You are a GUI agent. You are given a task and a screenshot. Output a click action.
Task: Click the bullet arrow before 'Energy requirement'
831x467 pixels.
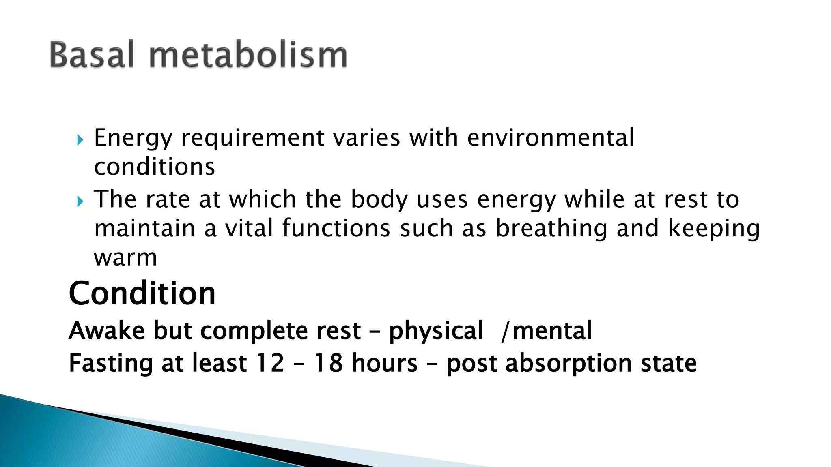[80, 140]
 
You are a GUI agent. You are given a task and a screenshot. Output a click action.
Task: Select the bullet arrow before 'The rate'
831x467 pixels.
[80, 201]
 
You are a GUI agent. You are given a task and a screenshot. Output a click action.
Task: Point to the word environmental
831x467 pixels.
[550, 137]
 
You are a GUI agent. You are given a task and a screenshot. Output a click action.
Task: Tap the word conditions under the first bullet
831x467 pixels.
[154, 167]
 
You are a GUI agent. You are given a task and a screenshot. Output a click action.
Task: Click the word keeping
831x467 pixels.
[714, 229]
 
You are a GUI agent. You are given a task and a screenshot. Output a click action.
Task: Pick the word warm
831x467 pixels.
[125, 257]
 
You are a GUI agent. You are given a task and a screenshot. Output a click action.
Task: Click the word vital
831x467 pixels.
[249, 228]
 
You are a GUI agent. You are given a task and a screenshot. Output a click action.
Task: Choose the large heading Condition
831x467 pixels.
[142, 293]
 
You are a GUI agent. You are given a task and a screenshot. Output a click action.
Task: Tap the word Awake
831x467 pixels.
[107, 330]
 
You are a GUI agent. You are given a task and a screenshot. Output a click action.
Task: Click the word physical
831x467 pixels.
[436, 331]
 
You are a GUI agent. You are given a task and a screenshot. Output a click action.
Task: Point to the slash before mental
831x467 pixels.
[505, 331]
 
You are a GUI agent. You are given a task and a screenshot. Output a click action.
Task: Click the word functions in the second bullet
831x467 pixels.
[336, 228]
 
